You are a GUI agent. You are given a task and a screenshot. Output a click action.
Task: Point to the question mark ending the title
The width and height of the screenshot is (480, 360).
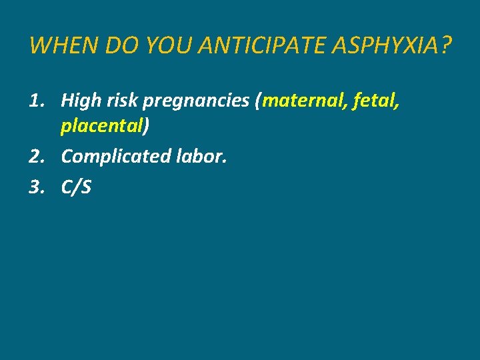[x=445, y=46]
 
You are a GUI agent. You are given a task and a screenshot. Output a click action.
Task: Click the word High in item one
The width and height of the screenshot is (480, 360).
[x=79, y=101]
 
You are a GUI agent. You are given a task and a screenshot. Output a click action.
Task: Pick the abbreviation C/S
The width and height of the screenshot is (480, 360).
[x=76, y=188]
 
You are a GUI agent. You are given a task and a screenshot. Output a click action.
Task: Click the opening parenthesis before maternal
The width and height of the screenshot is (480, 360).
[x=259, y=102]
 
